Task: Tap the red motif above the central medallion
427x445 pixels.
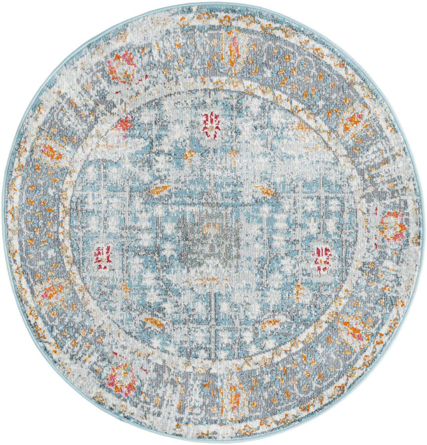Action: pyautogui.click(x=212, y=125)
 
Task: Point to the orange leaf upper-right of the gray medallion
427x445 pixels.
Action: pyautogui.click(x=264, y=191)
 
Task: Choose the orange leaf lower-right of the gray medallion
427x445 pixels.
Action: pyautogui.click(x=270, y=324)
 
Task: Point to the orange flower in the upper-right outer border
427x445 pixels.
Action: pyautogui.click(x=352, y=121)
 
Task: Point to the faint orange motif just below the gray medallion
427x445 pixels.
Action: pyautogui.click(x=209, y=280)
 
